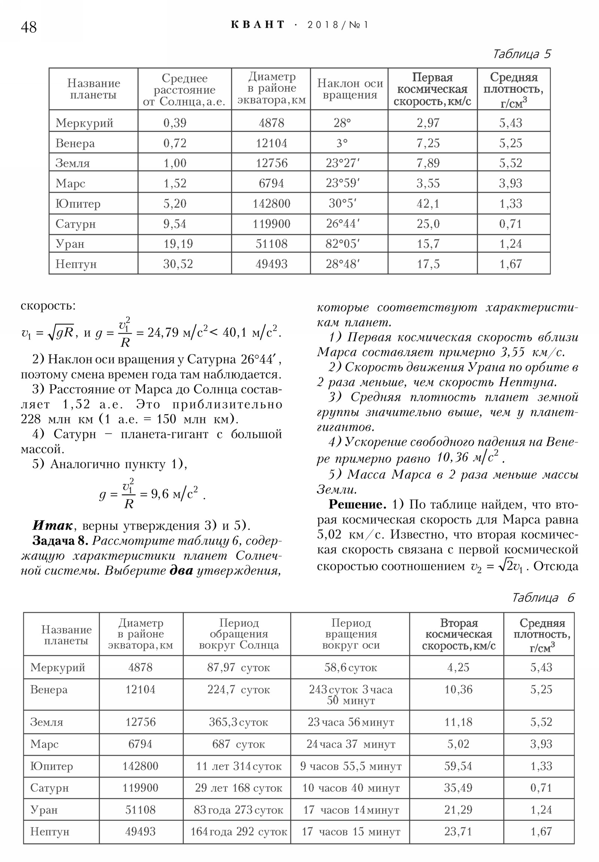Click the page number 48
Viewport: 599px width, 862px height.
(28, 27)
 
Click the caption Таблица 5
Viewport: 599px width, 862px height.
(522, 54)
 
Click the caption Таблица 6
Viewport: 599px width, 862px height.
(543, 598)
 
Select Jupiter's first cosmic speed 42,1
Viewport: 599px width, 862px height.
(428, 204)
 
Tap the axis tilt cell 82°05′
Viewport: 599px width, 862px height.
(343, 244)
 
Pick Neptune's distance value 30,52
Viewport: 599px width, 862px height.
(178, 264)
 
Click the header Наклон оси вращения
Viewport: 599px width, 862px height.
(350, 89)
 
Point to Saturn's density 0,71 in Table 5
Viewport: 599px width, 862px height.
(510, 224)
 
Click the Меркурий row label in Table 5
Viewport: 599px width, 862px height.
(84, 123)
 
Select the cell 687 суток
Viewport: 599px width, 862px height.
(238, 744)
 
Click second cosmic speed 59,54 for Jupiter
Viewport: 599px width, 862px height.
(458, 766)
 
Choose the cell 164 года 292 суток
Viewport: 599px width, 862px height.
(238, 832)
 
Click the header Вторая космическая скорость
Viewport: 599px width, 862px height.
(458, 634)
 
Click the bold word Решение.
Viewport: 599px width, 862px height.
(357, 504)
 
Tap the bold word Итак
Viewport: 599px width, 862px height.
(52, 525)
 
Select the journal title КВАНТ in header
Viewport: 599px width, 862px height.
(258, 25)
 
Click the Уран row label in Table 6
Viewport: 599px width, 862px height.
(44, 810)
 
